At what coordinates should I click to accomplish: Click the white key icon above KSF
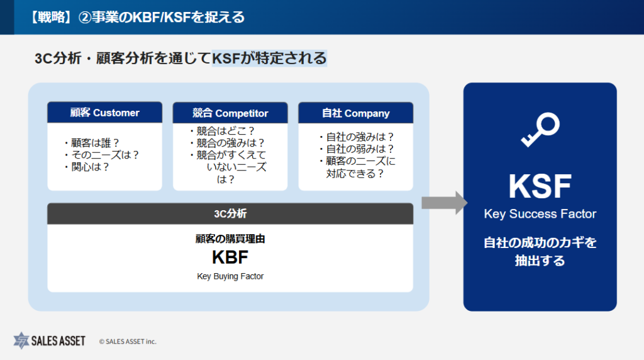(x=540, y=130)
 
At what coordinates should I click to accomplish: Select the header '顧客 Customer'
(x=104, y=113)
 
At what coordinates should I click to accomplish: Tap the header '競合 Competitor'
(x=230, y=113)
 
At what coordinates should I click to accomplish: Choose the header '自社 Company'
(x=355, y=113)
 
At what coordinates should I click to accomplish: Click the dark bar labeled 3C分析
(x=230, y=213)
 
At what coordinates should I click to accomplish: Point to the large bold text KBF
(x=230, y=257)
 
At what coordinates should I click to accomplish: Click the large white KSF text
(x=540, y=186)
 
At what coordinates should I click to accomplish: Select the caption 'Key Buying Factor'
(x=230, y=276)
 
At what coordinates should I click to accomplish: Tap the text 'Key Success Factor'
(x=540, y=214)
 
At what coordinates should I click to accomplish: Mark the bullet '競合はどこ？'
(x=221, y=131)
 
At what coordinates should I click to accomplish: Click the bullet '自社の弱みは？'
(x=356, y=149)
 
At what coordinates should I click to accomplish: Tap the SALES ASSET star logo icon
(x=23, y=340)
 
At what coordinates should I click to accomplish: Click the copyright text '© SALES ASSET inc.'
(x=128, y=341)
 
